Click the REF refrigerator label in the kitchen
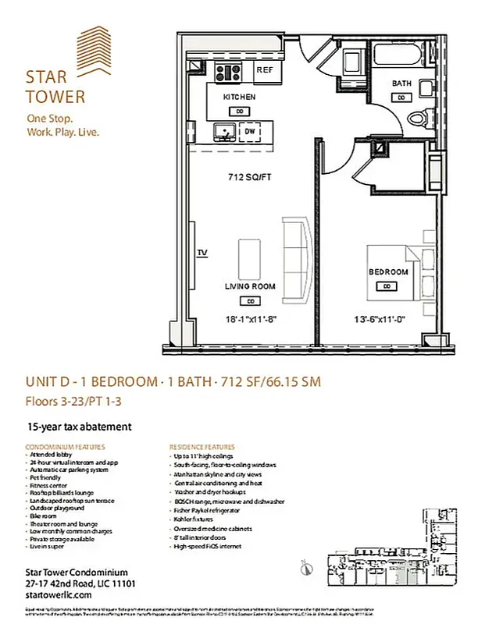[x=264, y=70]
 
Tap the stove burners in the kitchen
[x=230, y=73]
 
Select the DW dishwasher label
[x=251, y=132]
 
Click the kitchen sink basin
[x=227, y=130]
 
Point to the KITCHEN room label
[x=239, y=97]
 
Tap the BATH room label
[x=401, y=83]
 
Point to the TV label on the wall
[x=202, y=253]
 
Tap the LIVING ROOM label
[x=251, y=286]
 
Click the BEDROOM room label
[x=388, y=271]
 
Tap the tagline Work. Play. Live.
[x=62, y=131]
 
